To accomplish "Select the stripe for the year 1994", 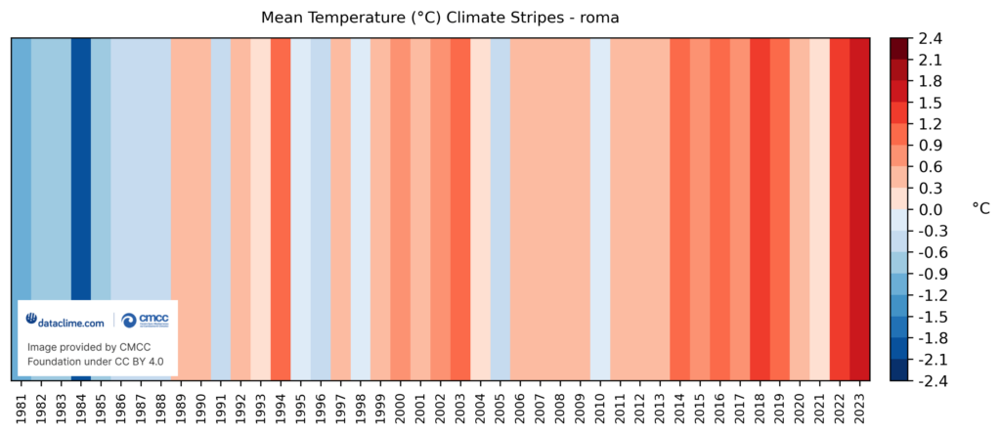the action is click(281, 210).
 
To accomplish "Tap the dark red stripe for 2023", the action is click(859, 210).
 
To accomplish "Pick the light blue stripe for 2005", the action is click(500, 210).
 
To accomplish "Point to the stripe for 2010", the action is click(600, 210).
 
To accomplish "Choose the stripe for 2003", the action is click(460, 210).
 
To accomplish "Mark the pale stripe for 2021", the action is click(820, 210).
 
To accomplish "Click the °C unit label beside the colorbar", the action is click(980, 209).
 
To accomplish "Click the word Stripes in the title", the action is click(545, 18).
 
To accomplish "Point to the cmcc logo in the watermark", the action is click(145, 321).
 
